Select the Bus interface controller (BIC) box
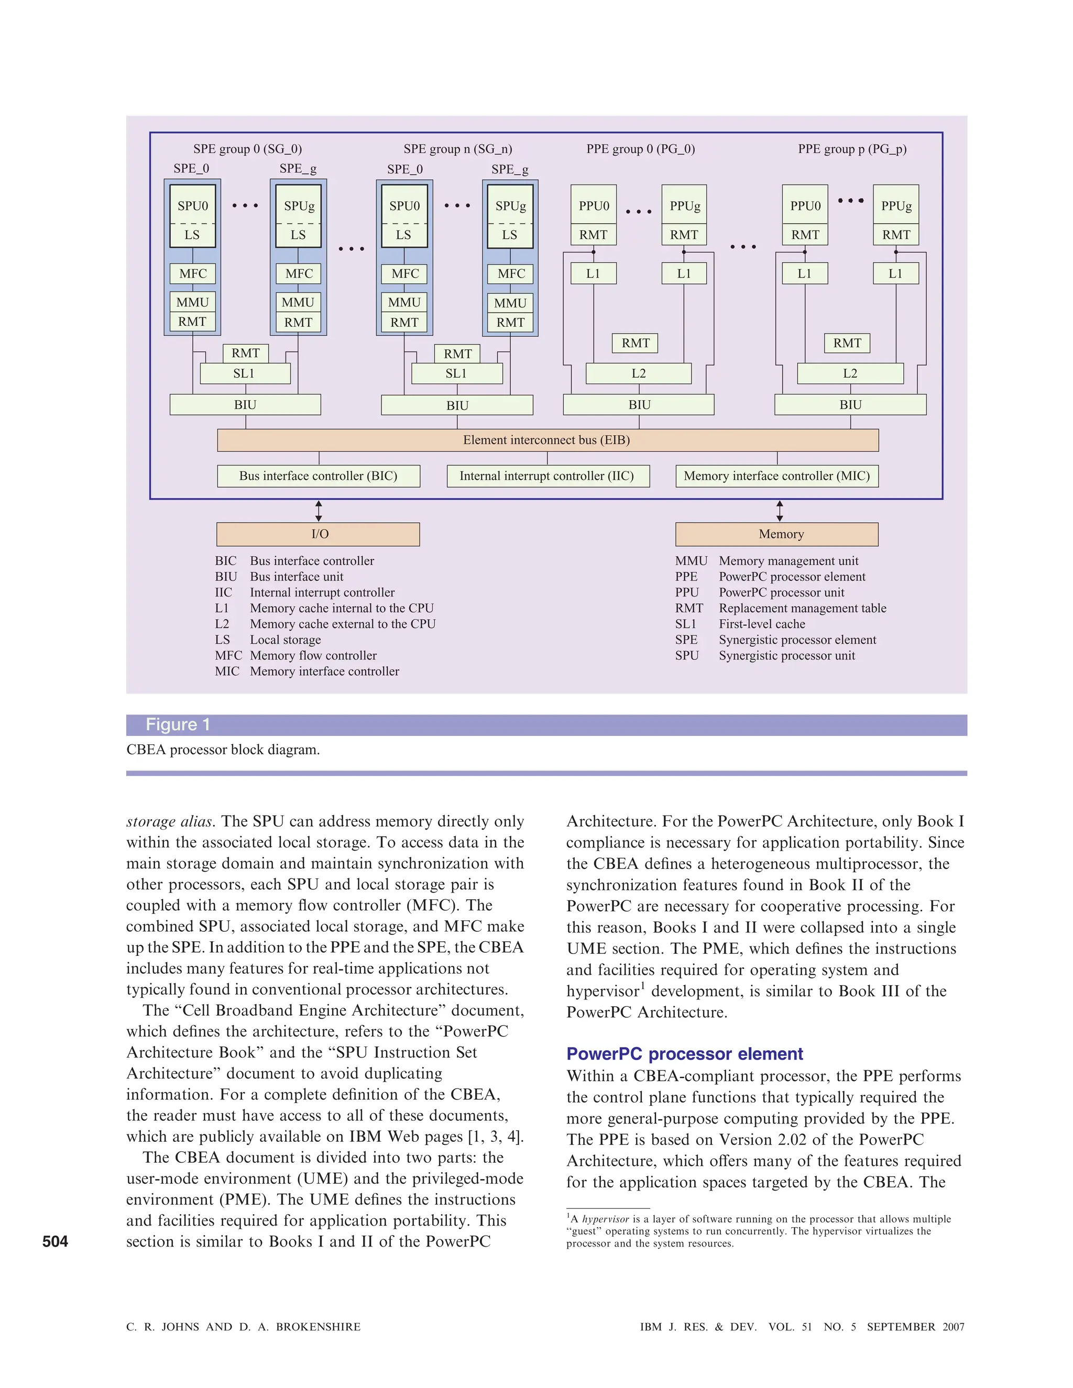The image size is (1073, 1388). pos(319,476)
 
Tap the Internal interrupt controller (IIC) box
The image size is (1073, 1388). pos(548,476)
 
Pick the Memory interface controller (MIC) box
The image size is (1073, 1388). pos(777,476)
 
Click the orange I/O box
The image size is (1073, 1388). pos(319,534)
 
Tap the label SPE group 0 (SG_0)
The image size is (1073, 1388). pos(247,149)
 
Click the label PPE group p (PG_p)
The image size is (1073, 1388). pos(852,149)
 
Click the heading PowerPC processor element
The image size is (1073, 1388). pos(685,1054)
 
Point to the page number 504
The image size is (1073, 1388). pos(56,1241)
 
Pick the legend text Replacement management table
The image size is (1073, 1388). pos(802,608)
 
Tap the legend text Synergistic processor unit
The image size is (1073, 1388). pos(786,655)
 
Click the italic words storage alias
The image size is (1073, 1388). pos(169,822)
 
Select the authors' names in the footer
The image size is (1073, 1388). pos(244,1327)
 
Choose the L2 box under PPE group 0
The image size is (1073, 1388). pos(638,373)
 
